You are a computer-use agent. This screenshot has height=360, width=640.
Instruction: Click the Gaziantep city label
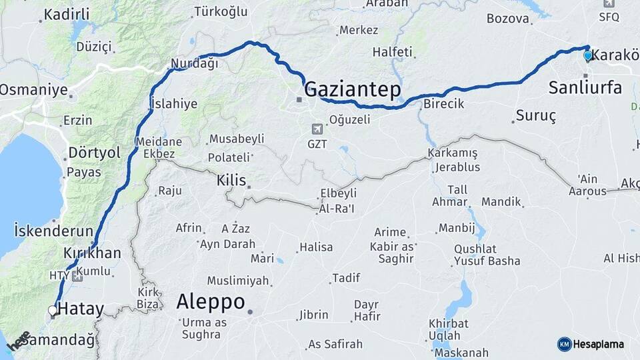353,89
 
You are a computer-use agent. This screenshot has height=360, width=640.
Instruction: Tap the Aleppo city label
211,302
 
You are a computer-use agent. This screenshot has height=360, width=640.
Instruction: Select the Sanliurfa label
585,87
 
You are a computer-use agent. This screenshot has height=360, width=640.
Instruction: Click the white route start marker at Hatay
53,310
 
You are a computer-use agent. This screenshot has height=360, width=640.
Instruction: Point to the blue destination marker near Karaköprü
587,56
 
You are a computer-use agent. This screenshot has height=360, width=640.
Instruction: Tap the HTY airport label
59,275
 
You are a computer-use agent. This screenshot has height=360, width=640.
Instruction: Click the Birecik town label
443,104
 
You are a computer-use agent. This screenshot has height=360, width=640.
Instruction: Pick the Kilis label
231,181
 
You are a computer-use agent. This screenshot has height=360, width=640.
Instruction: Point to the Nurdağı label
195,64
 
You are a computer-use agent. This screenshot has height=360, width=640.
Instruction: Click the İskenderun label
53,231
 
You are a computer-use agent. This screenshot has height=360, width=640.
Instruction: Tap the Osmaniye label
33,89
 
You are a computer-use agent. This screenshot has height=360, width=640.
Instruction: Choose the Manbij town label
456,228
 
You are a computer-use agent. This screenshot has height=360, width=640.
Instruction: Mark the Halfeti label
392,51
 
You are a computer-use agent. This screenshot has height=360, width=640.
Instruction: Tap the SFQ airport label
609,17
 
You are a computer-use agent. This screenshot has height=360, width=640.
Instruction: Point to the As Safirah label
335,345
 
